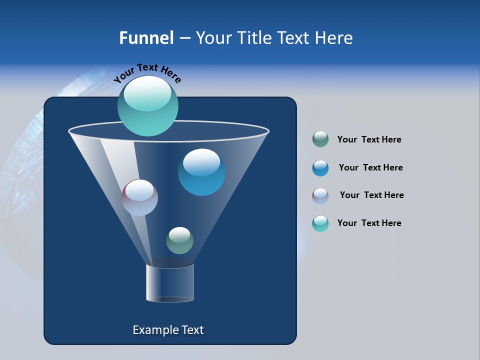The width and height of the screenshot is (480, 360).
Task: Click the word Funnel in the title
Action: point(146,38)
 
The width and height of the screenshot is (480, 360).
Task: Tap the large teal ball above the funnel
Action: point(147,106)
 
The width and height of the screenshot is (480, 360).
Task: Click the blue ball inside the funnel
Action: point(201,172)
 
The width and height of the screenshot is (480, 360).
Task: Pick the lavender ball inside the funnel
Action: point(139,197)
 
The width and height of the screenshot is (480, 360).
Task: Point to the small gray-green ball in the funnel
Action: point(179,240)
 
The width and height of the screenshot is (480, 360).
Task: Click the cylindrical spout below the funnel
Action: point(170,283)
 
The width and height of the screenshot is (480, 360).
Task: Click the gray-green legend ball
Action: point(320,139)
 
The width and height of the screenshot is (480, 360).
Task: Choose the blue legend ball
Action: point(320,168)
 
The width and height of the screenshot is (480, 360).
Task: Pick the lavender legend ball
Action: point(320,196)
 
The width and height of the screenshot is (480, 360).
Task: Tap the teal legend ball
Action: point(320,223)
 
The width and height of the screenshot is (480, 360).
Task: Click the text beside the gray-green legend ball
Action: point(369,140)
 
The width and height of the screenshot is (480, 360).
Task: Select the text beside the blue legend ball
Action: point(370,168)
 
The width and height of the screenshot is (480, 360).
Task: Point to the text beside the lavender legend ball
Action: point(371,195)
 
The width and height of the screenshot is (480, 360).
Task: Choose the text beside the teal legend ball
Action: point(369,223)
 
